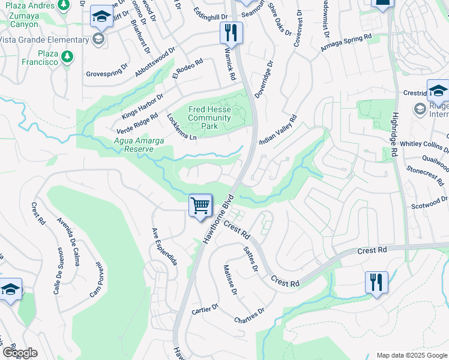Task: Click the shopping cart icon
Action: coord(200,205)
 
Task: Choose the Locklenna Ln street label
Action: coord(181,127)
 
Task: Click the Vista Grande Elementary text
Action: coord(44,40)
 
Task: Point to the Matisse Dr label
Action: coord(231,280)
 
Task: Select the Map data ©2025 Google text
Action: coord(411,355)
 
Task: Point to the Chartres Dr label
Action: coord(250,315)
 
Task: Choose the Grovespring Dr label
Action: coord(107,71)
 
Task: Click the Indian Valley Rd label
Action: coord(278,130)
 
